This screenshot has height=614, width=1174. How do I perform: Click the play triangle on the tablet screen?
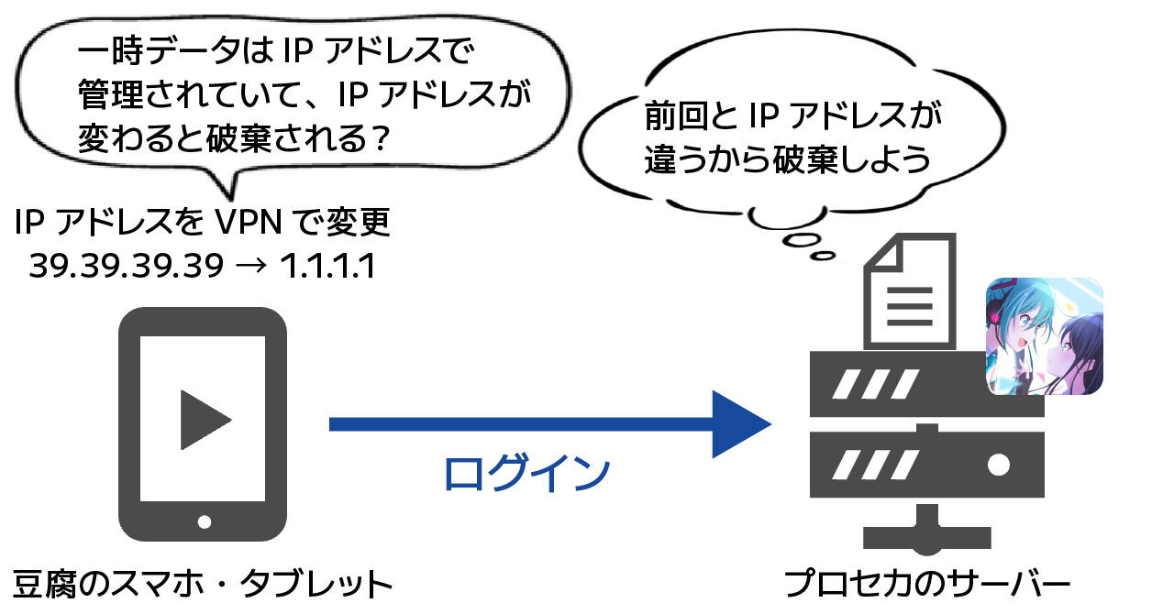[x=204, y=420]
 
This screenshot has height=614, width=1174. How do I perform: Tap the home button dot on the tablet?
[x=204, y=522]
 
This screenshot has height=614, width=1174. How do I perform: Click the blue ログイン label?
[x=526, y=473]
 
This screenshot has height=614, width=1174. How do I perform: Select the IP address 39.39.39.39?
[x=126, y=266]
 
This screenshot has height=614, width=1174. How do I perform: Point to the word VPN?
[x=254, y=223]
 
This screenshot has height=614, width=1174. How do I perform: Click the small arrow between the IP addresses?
[x=251, y=267]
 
